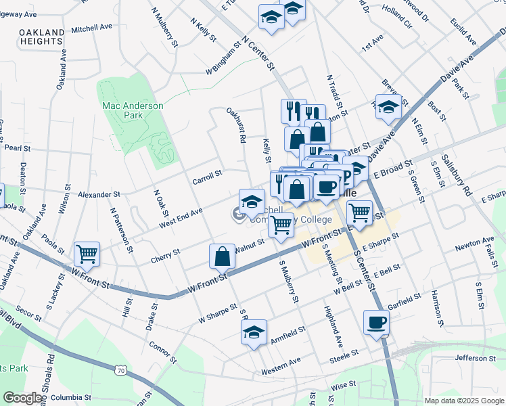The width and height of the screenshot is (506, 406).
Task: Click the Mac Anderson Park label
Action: point(133,110)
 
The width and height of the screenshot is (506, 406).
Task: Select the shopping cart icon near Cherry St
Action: point(87,254)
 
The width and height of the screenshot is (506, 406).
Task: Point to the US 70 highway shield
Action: point(120,370)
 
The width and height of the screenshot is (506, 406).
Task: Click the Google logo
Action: point(22,398)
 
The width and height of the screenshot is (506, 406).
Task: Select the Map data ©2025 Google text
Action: point(463,401)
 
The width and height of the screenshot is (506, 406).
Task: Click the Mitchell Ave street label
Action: point(91,28)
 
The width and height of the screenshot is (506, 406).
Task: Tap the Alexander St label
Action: point(99,194)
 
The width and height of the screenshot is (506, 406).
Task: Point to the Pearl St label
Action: point(18,148)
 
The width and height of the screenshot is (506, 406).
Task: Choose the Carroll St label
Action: point(207,174)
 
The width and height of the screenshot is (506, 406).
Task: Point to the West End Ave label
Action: point(181,217)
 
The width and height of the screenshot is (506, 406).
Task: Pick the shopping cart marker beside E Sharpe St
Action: point(359,212)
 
